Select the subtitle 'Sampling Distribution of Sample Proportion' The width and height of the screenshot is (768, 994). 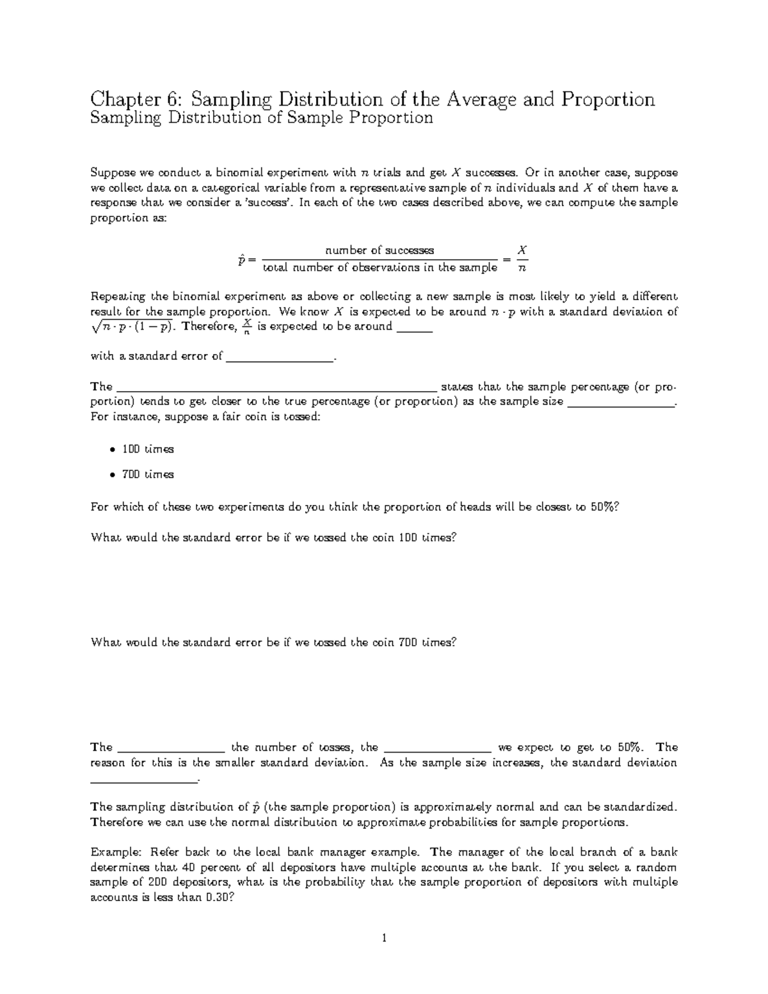coord(262,118)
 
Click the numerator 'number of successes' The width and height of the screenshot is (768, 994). coord(380,250)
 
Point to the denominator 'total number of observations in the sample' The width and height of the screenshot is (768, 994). coord(380,268)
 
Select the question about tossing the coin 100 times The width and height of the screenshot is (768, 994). coord(274,538)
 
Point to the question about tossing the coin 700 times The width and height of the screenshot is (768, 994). coord(274,643)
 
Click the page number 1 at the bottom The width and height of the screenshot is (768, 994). coord(384,939)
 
